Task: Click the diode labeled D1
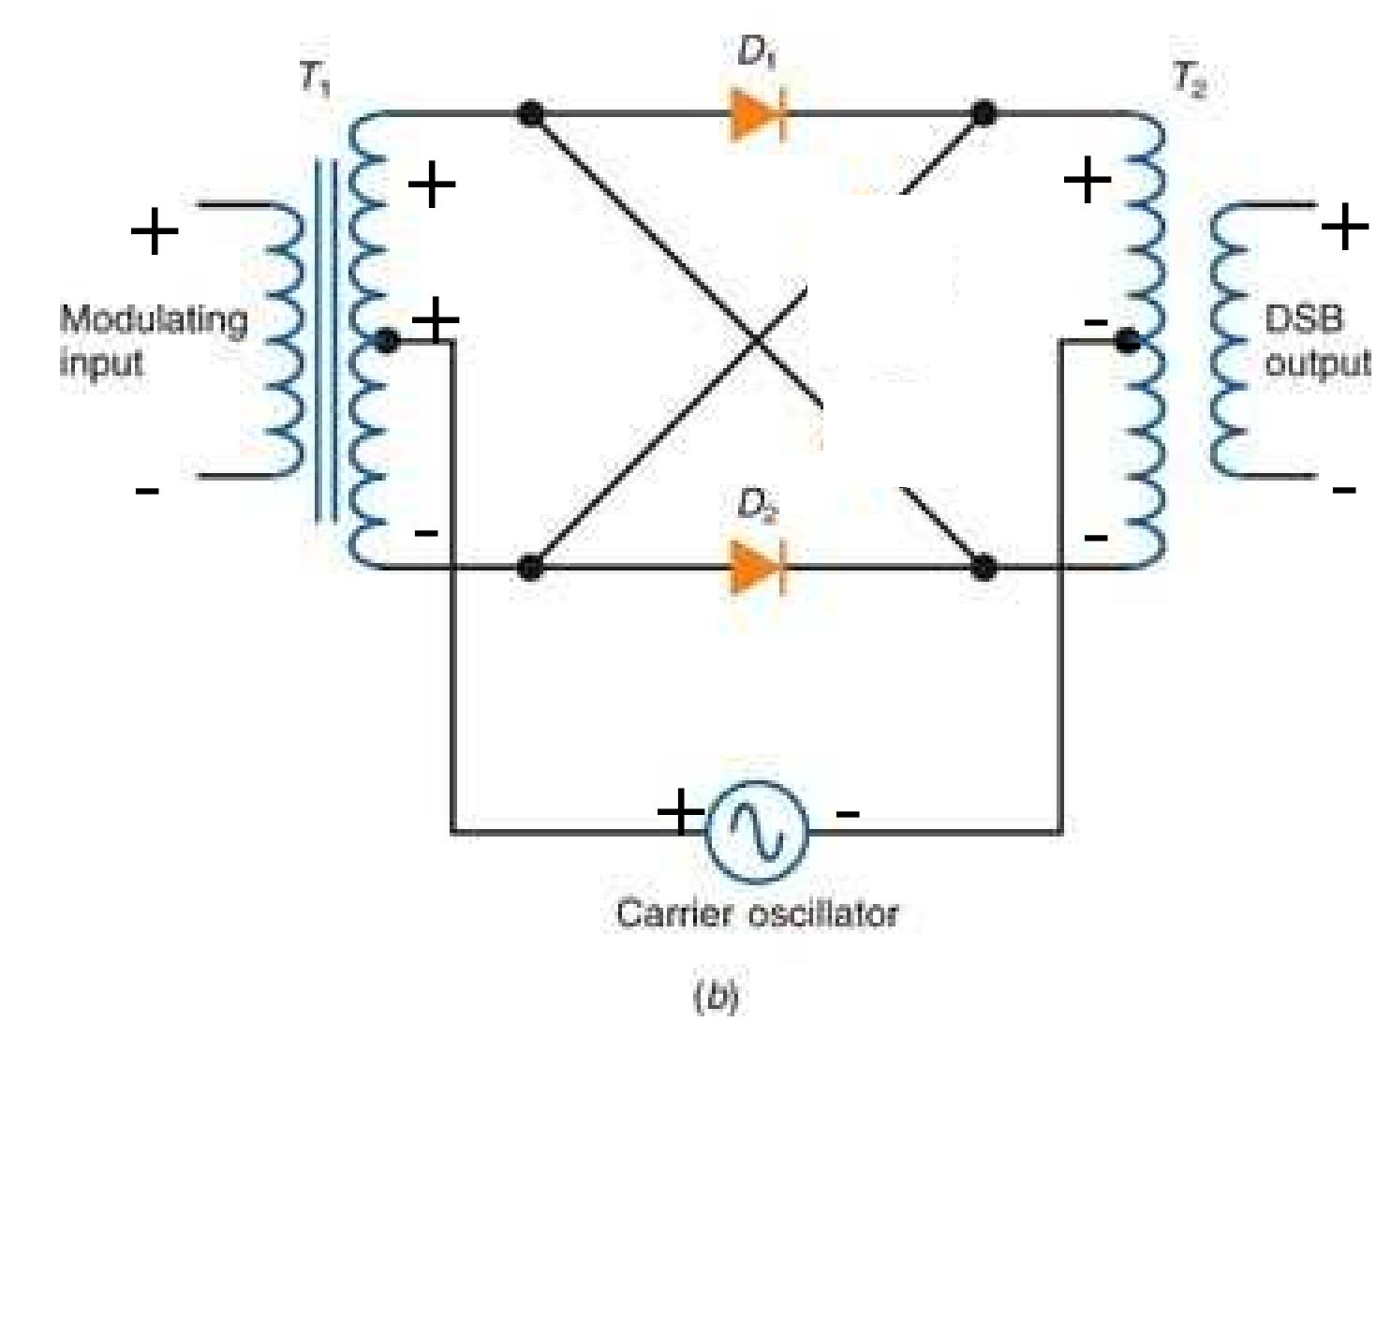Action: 758,115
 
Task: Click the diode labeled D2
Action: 758,568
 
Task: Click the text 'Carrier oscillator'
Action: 757,913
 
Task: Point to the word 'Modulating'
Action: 154,320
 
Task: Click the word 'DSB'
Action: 1303,319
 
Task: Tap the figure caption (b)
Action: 716,996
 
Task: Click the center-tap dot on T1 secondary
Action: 386,342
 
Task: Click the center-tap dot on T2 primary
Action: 1128,341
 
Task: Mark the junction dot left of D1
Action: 530,114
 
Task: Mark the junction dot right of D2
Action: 984,568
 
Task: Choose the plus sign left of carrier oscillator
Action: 679,811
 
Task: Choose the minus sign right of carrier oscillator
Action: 848,813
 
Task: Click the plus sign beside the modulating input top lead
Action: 155,230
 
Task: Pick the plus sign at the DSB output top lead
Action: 1345,226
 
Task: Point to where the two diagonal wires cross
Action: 759,341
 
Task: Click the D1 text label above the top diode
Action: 757,52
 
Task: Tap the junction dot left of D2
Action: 530,568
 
